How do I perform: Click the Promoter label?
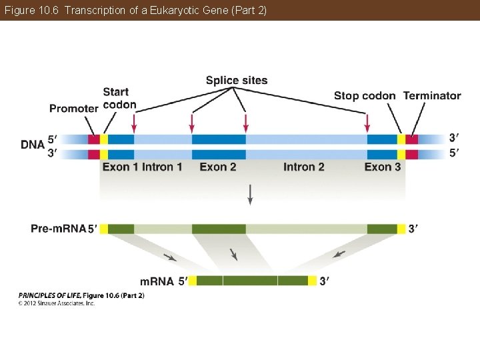click(x=74, y=108)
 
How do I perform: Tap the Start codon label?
click(x=119, y=98)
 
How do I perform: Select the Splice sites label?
click(x=237, y=81)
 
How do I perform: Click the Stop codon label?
click(x=365, y=96)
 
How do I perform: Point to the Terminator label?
click(x=432, y=96)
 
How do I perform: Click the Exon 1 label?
click(x=120, y=167)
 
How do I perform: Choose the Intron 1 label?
click(x=162, y=167)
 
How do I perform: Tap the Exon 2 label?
click(x=218, y=167)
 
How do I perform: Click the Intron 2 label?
click(x=304, y=167)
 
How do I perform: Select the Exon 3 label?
click(x=383, y=167)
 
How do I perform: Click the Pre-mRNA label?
click(x=58, y=229)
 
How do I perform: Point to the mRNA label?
click(x=157, y=281)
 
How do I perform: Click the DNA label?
click(x=33, y=144)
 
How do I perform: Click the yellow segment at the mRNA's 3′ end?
click(x=312, y=281)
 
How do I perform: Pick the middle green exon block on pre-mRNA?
click(x=219, y=229)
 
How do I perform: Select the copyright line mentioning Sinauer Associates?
click(x=57, y=303)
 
